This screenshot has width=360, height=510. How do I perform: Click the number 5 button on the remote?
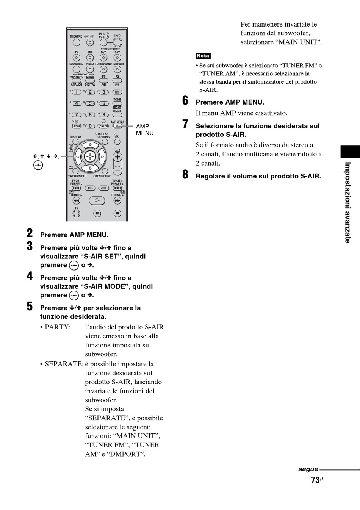(90, 103)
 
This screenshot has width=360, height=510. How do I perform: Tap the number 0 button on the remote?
(90, 126)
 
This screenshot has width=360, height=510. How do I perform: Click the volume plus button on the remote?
(117, 156)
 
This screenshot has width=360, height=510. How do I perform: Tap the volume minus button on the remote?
(117, 171)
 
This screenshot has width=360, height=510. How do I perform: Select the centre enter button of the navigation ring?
(90, 156)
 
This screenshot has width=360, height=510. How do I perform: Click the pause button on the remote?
(97, 214)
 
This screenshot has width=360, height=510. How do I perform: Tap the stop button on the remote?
(117, 214)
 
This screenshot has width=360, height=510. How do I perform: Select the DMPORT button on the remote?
(117, 70)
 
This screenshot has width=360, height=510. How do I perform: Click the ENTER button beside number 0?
(104, 126)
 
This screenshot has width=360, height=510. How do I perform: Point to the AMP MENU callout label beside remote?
(144, 130)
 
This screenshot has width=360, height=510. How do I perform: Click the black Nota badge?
(203, 56)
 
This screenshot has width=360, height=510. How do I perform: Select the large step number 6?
(185, 101)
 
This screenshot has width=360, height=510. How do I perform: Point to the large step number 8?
(185, 175)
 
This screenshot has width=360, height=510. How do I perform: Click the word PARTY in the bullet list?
(57, 327)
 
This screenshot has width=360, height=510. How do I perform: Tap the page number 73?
(315, 480)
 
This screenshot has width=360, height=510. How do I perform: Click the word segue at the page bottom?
(308, 469)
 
